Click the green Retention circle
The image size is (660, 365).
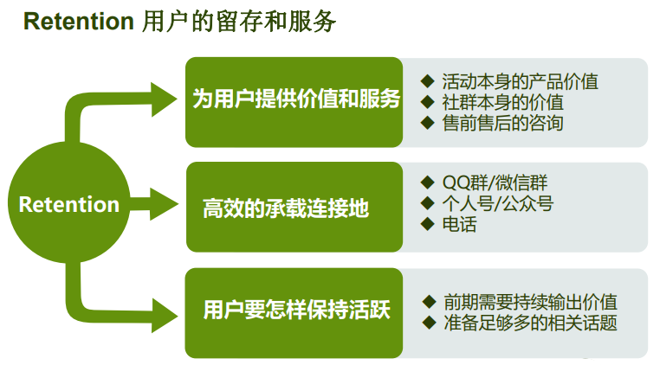tap(69, 204)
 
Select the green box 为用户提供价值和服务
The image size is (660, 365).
tap(294, 100)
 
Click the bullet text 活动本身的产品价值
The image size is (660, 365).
tap(520, 82)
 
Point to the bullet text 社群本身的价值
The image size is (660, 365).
tap(502, 102)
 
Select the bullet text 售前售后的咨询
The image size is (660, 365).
tap(502, 123)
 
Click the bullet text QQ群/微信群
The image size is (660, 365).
tap(495, 183)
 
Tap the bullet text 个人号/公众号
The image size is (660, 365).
tap(497, 204)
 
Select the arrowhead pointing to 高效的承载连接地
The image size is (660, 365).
tap(165, 205)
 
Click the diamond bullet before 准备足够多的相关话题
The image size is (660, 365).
tap(429, 323)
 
